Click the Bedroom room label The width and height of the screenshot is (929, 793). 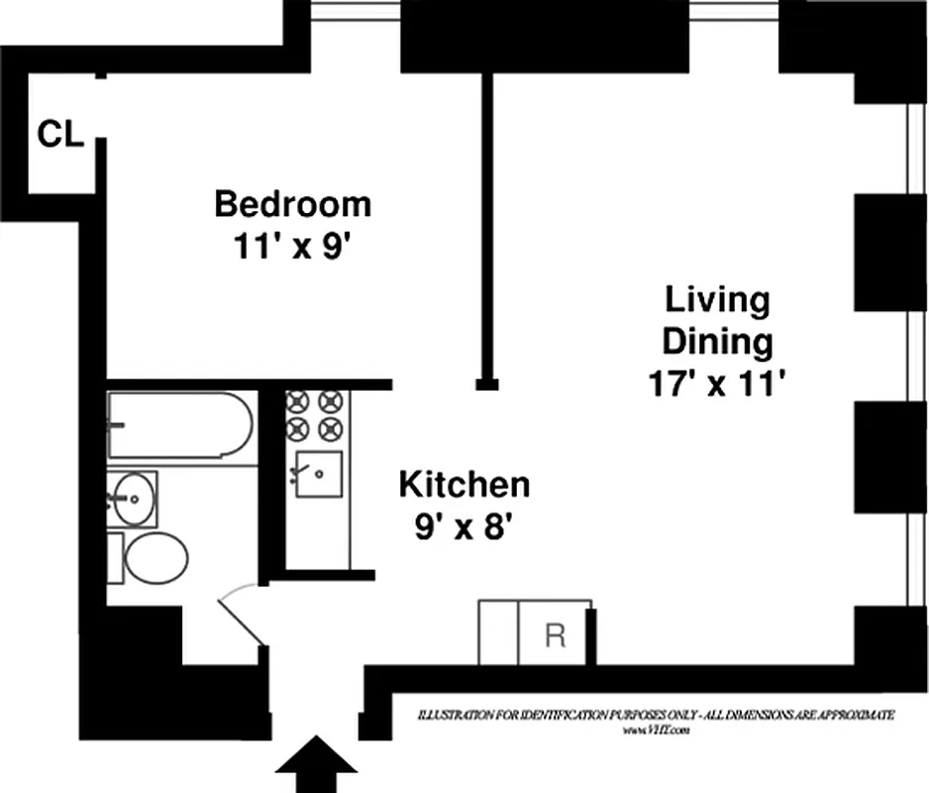pos(293,204)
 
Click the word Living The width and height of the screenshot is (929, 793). pos(717,299)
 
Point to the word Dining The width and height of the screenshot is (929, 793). pos(717,341)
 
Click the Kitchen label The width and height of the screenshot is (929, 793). pos(464,485)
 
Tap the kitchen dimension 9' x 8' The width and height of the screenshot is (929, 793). pos(463,527)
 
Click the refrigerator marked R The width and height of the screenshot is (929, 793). pos(555,633)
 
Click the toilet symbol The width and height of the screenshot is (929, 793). pos(155,559)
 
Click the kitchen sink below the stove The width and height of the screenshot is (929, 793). pos(318,474)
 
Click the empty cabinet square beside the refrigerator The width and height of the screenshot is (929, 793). pos(499,632)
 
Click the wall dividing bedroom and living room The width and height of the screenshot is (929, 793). pos(486,228)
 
